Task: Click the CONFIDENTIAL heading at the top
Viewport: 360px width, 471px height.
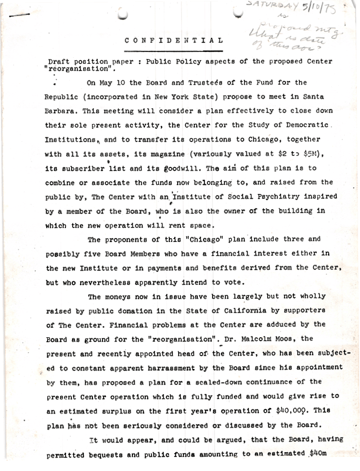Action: click(x=174, y=41)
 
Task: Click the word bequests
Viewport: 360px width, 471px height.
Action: click(x=115, y=453)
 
